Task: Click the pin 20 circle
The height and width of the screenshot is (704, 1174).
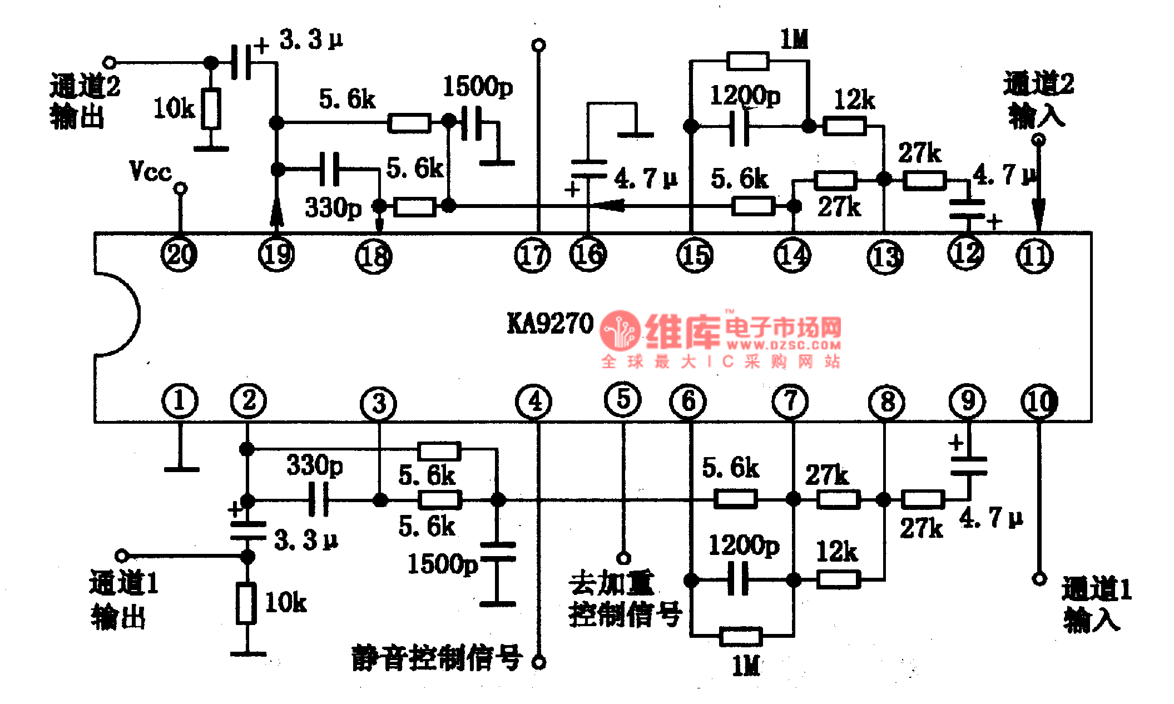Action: click(179, 255)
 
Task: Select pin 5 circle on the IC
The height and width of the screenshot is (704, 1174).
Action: click(623, 399)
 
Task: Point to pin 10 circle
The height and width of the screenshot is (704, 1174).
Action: click(1039, 401)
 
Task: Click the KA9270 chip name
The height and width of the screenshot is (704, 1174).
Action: click(550, 324)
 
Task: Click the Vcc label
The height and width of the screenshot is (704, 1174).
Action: click(150, 171)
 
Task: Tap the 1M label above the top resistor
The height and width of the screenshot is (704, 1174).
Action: click(794, 39)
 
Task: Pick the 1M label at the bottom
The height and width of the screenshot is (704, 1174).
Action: click(746, 665)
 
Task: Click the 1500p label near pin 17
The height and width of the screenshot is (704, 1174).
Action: click(478, 87)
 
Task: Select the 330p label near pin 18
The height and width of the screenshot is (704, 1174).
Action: click(333, 208)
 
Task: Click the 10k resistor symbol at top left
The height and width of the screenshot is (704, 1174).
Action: click(211, 109)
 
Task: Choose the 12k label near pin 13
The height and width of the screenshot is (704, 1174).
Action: click(854, 100)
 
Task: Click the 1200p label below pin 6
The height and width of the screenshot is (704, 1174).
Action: click(744, 546)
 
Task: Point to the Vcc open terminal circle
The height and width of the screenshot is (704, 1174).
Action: click(180, 189)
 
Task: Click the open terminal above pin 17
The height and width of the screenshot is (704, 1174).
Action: click(538, 45)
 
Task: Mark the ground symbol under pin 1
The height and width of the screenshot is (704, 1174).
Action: click(181, 469)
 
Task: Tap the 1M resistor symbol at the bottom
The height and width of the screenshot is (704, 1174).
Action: click(741, 636)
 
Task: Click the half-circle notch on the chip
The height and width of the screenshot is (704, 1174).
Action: click(120, 314)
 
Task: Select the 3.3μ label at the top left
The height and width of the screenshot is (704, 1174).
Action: click(311, 40)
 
